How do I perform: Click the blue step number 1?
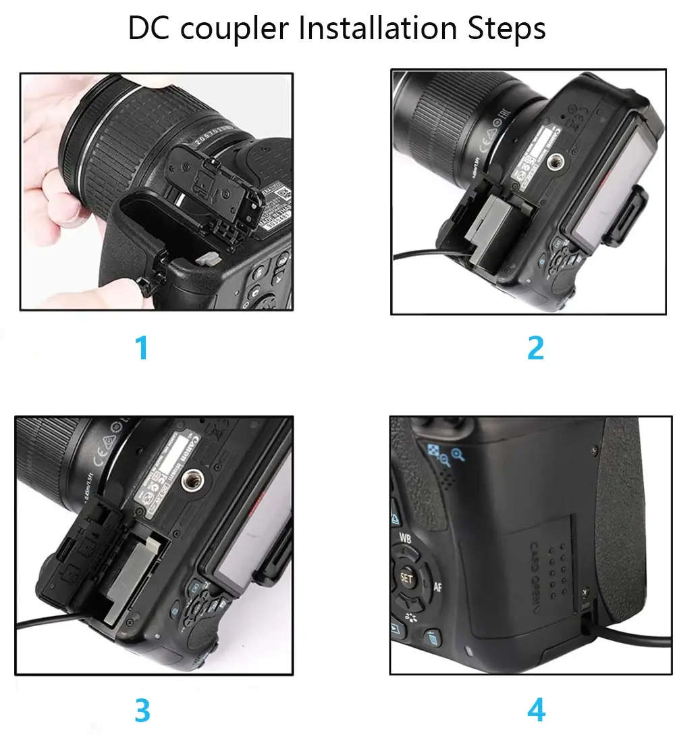pos(142,349)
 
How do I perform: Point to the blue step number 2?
pos(535,349)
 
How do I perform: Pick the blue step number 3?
pos(142,710)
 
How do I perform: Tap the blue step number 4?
pos(535,710)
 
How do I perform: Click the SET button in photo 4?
pos(406,578)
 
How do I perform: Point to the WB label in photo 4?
pos(406,538)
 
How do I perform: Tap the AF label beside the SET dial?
pos(437,586)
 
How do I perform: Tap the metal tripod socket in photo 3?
pos(200,475)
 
